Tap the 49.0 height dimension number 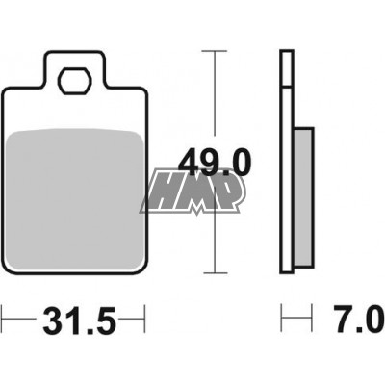[x=215, y=163]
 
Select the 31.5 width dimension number [x=79, y=321]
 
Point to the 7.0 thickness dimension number [x=359, y=320]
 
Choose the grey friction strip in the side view [x=302, y=197]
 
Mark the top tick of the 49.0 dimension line [x=215, y=51]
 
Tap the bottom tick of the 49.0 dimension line [x=215, y=273]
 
